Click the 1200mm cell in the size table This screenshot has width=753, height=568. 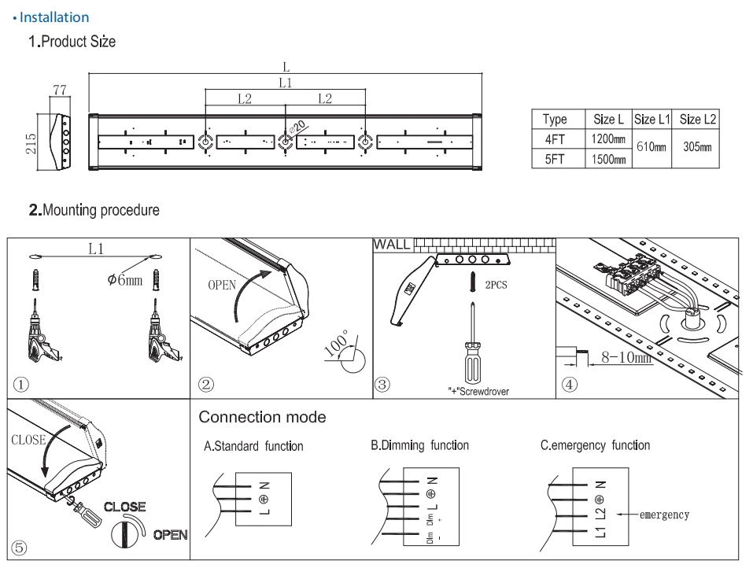tap(609, 139)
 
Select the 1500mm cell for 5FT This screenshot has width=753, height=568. tap(609, 159)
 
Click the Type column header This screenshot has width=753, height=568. tap(555, 120)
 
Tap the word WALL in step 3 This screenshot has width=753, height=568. tap(392, 244)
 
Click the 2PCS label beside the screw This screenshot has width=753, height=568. tap(496, 285)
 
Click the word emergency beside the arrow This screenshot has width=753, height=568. tap(664, 515)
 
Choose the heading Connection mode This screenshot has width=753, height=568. tap(262, 416)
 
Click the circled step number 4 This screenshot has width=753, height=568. tap(569, 385)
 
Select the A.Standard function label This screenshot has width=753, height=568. tap(253, 446)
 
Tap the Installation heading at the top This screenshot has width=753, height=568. tap(54, 17)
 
